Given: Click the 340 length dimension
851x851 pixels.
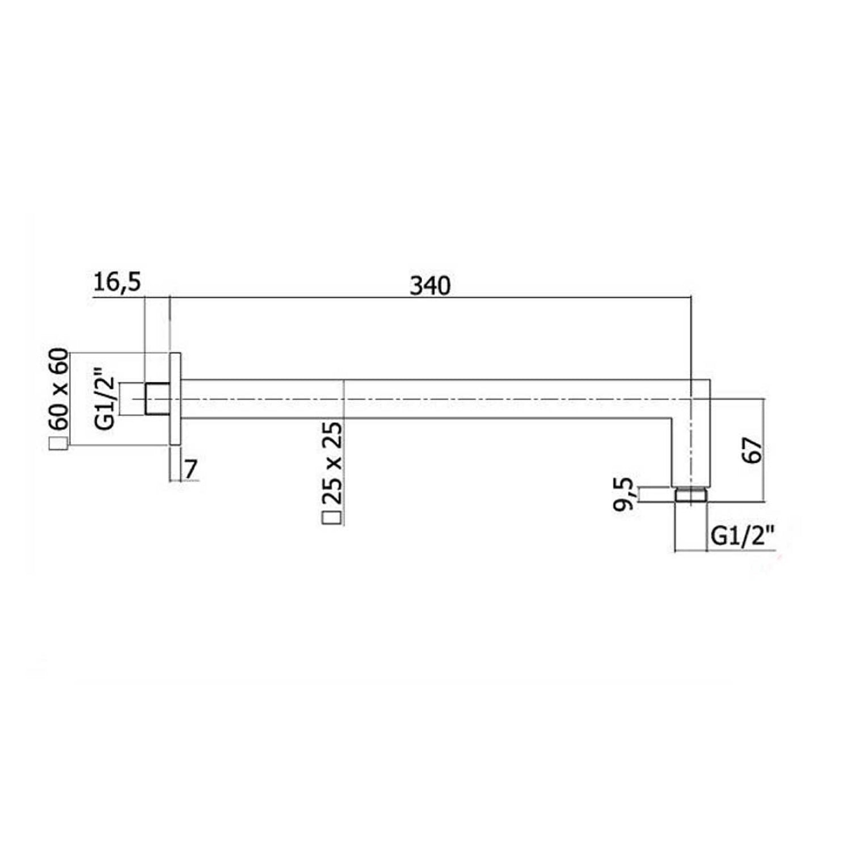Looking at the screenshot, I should tap(430, 285).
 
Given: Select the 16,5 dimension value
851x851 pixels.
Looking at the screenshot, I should tap(116, 282).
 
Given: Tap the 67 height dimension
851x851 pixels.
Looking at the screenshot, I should tap(753, 451).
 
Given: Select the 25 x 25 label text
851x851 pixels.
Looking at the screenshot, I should tap(332, 463).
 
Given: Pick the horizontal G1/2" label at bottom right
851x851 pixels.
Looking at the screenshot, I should tap(743, 535).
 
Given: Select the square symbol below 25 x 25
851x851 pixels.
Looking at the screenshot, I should tap(332, 517).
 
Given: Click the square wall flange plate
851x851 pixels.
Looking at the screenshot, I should tap(175, 399).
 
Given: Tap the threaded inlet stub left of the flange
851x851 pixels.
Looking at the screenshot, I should tap(157, 399).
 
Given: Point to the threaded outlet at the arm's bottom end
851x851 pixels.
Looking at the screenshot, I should tap(690, 495).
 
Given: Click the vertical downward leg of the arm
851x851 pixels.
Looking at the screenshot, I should tap(690, 454).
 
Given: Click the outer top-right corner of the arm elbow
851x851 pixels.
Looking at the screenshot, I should tap(710, 380).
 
